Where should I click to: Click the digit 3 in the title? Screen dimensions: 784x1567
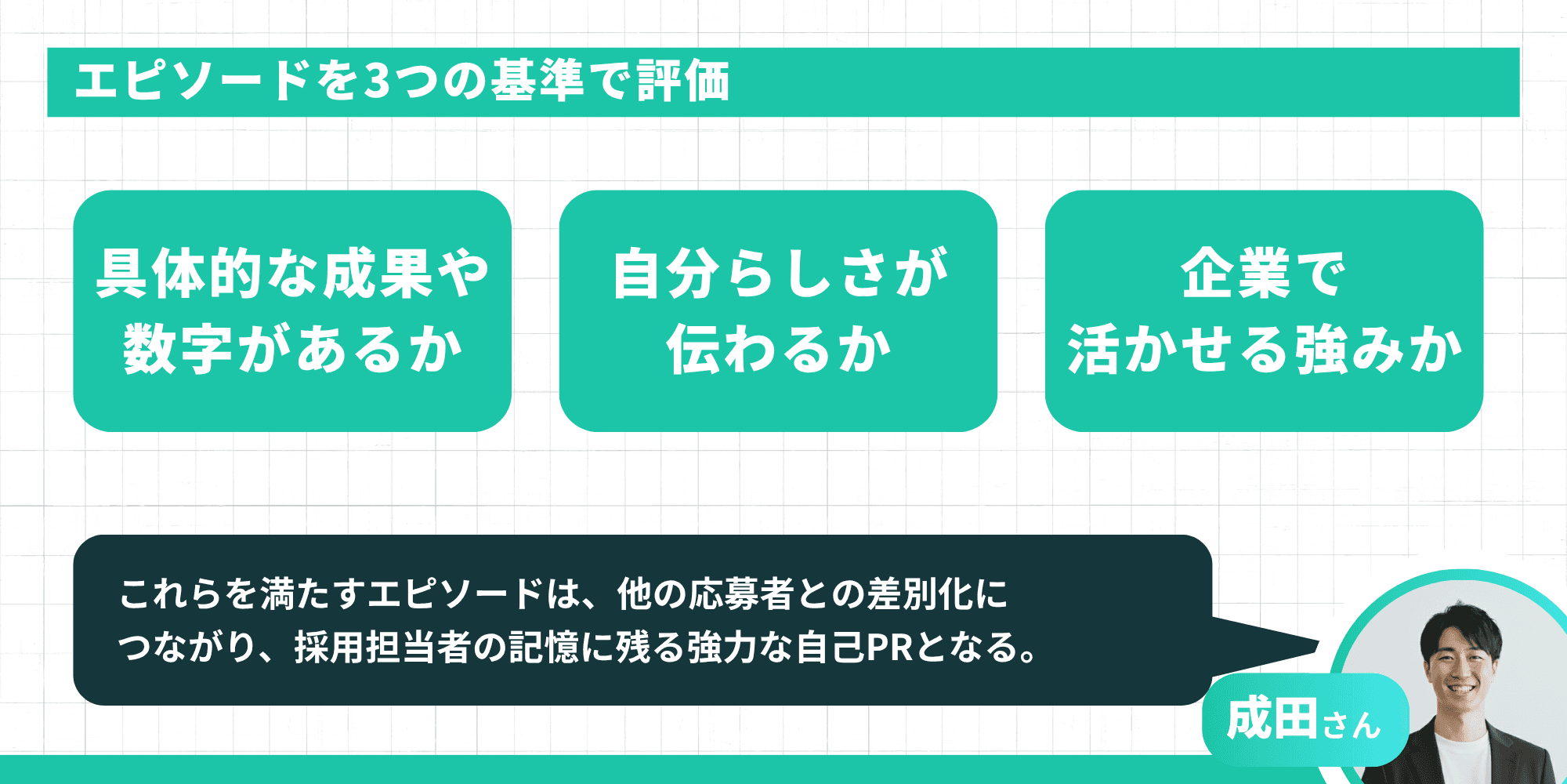(378, 81)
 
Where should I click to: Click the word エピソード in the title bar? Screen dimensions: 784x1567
(193, 81)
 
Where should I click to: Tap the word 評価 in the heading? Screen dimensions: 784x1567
(683, 81)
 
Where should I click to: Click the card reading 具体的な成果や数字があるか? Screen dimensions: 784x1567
(292, 310)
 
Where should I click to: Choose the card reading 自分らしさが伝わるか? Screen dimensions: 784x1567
(778, 310)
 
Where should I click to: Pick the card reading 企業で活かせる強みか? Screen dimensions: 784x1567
(1264, 310)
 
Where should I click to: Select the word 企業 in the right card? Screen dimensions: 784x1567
(1236, 274)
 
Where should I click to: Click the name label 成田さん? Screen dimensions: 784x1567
(1305, 720)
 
